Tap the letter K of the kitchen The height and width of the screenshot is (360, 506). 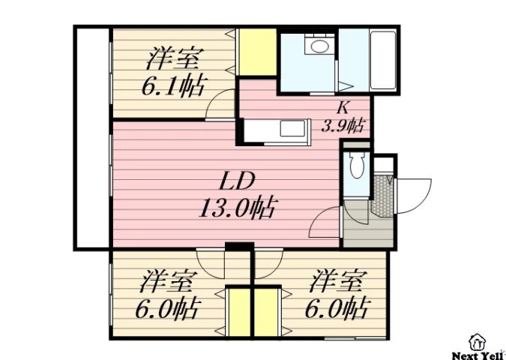click(x=342, y=106)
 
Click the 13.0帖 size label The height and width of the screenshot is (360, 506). click(x=235, y=206)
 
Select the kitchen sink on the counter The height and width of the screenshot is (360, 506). click(x=289, y=129)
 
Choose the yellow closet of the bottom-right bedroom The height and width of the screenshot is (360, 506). click(x=268, y=311)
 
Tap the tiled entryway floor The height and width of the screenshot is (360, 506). click(x=382, y=196)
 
